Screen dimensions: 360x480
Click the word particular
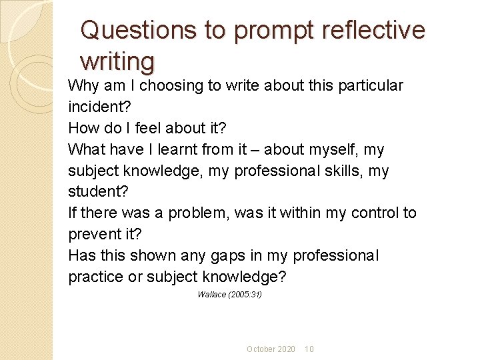[x=369, y=86]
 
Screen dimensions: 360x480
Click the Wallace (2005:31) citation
[x=229, y=295]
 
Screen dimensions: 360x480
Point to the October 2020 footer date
[x=271, y=349]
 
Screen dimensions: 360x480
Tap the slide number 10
[x=309, y=349]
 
